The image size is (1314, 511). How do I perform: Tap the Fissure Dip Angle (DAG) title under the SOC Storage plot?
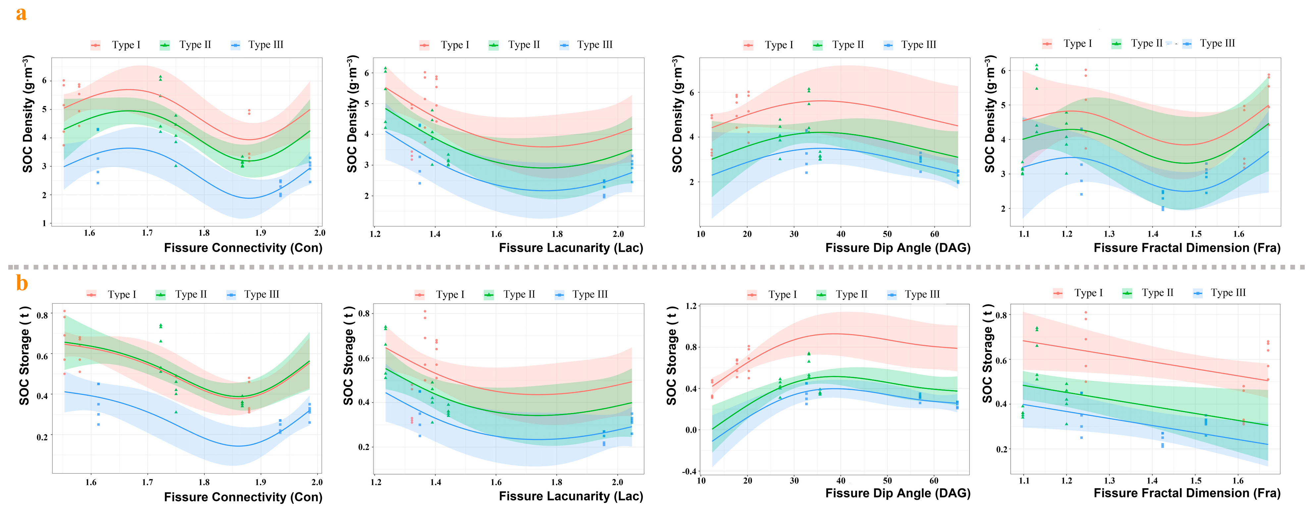tap(898, 493)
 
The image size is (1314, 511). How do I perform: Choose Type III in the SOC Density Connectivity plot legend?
tap(265, 45)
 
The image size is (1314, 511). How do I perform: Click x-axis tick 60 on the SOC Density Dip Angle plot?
tap(935, 234)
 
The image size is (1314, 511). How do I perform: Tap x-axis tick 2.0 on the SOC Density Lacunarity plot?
tap(618, 234)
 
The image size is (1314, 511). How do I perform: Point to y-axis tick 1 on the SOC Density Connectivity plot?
tap(44, 223)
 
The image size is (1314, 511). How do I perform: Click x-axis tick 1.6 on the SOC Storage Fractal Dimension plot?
tap(1238, 481)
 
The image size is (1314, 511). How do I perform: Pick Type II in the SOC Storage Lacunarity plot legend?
tap(519, 295)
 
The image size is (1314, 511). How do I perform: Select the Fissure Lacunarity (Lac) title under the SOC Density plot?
tap(571, 248)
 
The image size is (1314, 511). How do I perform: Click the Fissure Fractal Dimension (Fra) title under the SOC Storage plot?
tap(1187, 493)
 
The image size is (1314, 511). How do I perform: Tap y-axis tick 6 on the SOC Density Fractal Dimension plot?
tap(1003, 71)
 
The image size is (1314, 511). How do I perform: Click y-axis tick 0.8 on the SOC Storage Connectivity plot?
tap(42, 315)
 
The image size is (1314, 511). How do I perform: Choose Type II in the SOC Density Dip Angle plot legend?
tap(848, 45)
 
